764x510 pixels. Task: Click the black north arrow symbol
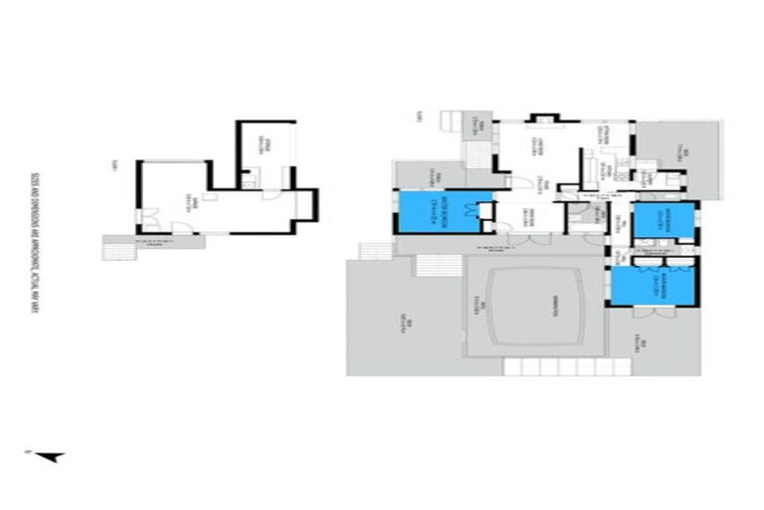click(x=52, y=457)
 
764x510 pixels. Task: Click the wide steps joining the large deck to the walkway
click(x=435, y=266)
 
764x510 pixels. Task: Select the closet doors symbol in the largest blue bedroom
click(x=485, y=211)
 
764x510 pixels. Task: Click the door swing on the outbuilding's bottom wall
click(x=181, y=230)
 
